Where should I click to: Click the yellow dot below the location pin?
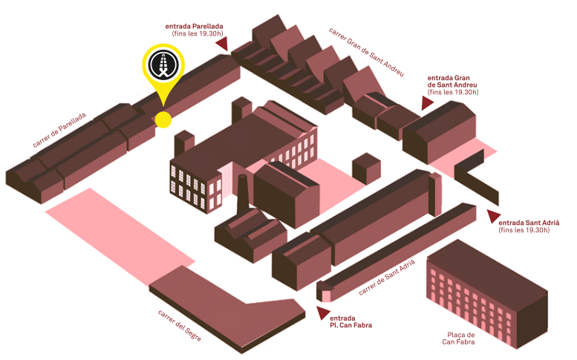pyautogui.click(x=163, y=120)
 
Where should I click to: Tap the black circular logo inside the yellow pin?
pyautogui.click(x=163, y=65)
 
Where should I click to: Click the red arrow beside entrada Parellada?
pyautogui.click(x=222, y=43)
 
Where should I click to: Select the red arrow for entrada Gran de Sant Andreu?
pyautogui.click(x=427, y=103)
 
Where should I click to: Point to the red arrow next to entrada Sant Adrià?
pyautogui.click(x=493, y=216)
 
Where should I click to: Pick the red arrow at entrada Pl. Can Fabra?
pyautogui.click(x=323, y=312)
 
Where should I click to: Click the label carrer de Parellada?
pyautogui.click(x=59, y=130)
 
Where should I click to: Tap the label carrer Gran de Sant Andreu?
pyautogui.click(x=367, y=52)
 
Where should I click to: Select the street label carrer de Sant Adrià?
pyautogui.click(x=387, y=277)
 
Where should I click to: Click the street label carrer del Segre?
pyautogui.click(x=180, y=325)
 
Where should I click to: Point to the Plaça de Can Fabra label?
pyautogui.click(x=459, y=338)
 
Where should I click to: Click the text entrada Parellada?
pyautogui.click(x=194, y=27)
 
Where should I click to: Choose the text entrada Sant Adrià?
pyautogui.click(x=529, y=223)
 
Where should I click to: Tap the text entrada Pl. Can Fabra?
pyautogui.click(x=351, y=321)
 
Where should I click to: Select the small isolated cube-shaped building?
pyautogui.click(x=366, y=168)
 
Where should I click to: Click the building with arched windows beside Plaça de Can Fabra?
pyautogui.click(x=487, y=294)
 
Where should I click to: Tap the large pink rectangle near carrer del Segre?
pyautogui.click(x=120, y=236)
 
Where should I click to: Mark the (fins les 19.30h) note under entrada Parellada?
pyautogui.click(x=198, y=33)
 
